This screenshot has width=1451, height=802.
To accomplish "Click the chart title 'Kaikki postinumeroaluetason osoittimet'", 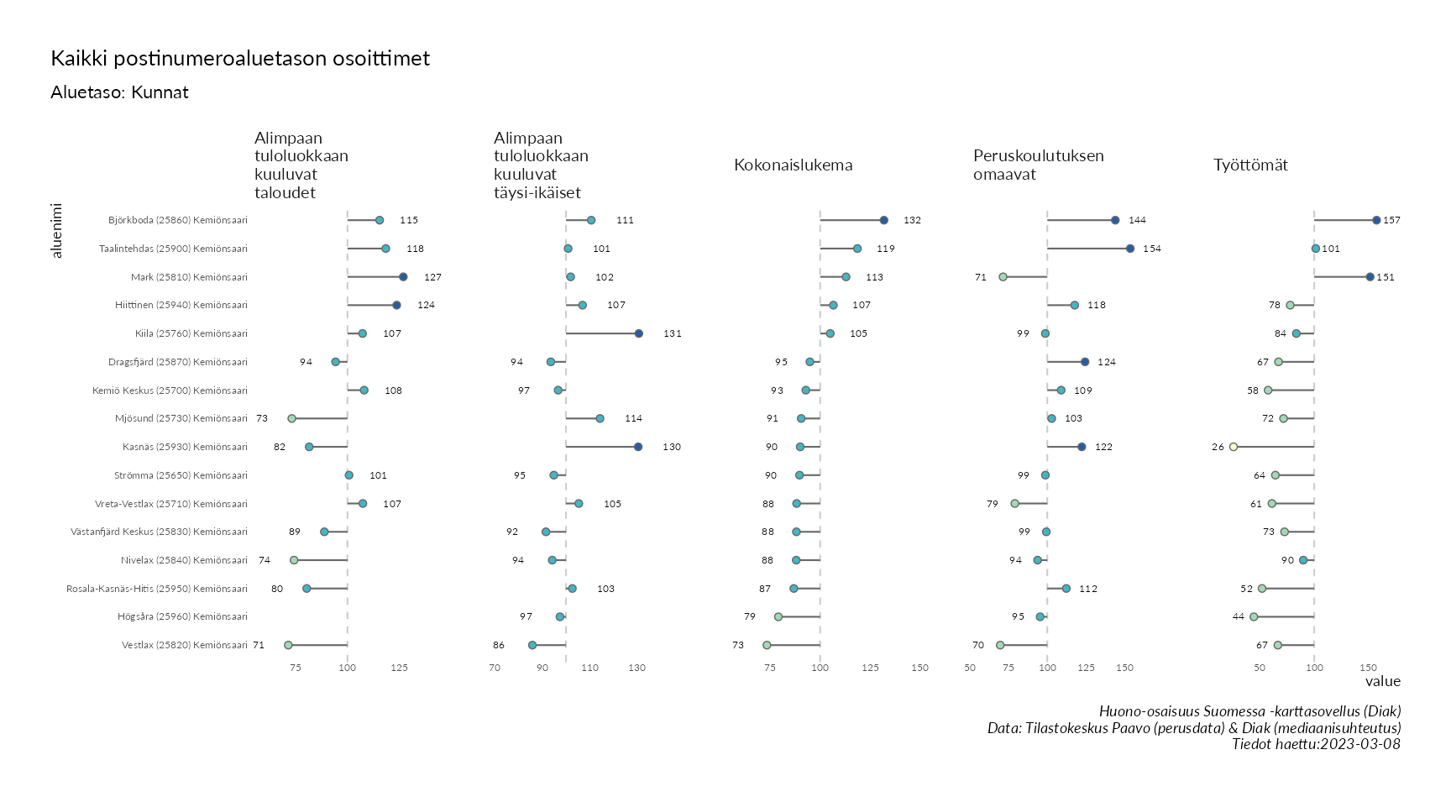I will pos(240,59).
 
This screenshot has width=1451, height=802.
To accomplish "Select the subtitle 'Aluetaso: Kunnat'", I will pos(119,92).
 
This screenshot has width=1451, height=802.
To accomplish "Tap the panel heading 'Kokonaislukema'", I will pos(793,165).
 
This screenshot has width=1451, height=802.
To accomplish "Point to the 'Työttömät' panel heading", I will pos(1250,165).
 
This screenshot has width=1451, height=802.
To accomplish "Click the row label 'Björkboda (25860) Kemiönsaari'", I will pos(178,221).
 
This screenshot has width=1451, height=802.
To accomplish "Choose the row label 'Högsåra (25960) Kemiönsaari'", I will pos(182,617).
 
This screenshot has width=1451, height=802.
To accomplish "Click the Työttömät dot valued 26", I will pos(1234,447).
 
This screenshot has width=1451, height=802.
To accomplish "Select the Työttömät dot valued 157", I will pos(1376,220).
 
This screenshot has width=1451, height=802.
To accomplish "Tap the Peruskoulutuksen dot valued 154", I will pos(1130,249).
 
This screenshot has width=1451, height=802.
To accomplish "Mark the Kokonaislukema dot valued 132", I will pos(884,220).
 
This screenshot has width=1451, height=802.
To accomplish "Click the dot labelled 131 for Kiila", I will pos(639,333).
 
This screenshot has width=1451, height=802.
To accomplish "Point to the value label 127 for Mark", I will pos(432,277).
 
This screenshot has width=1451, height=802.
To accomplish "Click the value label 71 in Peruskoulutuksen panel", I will pos(981,277).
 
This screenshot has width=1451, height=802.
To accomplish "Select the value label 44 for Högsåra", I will pos(1239,617).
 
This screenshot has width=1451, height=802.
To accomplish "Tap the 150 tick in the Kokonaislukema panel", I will pos(920,668).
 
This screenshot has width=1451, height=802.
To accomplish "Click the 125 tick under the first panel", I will pos(399,668).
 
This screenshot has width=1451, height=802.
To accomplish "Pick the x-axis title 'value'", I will pos(1382,681).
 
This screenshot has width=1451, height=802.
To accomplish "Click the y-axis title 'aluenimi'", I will pos(56,229).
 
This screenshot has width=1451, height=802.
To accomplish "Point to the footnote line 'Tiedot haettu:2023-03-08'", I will pos(1316,744).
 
